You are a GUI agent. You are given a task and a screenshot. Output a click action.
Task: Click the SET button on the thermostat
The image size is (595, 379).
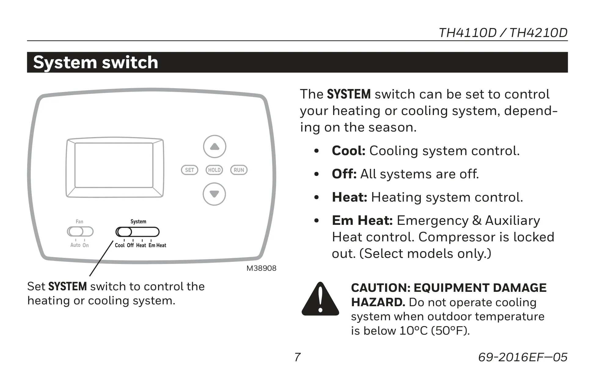[x=189, y=170]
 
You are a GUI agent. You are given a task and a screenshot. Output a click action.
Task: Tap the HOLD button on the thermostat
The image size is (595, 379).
[x=214, y=170]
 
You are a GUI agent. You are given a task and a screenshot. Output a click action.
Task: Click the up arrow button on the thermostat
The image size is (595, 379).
[x=215, y=147]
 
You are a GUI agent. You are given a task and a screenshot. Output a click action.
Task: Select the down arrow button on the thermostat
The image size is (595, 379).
[x=214, y=194]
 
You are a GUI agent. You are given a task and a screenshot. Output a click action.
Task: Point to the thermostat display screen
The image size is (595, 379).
[x=114, y=165]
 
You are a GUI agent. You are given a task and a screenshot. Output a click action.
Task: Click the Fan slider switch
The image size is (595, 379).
[x=80, y=232]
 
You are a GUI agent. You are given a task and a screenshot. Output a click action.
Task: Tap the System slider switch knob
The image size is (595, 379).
[x=124, y=232]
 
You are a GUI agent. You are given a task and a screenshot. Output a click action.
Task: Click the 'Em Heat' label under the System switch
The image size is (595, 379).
[x=157, y=245]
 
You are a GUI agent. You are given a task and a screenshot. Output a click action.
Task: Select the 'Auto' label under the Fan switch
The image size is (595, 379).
[x=75, y=245]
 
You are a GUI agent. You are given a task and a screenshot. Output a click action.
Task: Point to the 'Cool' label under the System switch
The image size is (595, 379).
[x=120, y=245]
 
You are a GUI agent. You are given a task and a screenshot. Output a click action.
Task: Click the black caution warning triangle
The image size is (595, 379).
[x=320, y=299]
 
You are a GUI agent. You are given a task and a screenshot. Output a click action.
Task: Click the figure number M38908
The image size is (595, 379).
[x=261, y=268]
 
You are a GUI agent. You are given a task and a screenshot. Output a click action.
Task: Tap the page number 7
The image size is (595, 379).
[x=297, y=357]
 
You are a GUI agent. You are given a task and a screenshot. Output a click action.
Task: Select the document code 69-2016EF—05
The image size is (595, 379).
[x=523, y=357]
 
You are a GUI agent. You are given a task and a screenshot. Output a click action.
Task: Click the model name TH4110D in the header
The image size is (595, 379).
[x=468, y=33]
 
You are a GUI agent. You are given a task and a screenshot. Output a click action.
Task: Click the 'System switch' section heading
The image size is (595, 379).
[x=96, y=62]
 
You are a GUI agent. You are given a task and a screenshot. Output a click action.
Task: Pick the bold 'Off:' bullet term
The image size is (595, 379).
[x=344, y=174]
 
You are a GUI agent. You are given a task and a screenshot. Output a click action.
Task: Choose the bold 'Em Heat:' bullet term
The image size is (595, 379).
[x=362, y=220]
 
